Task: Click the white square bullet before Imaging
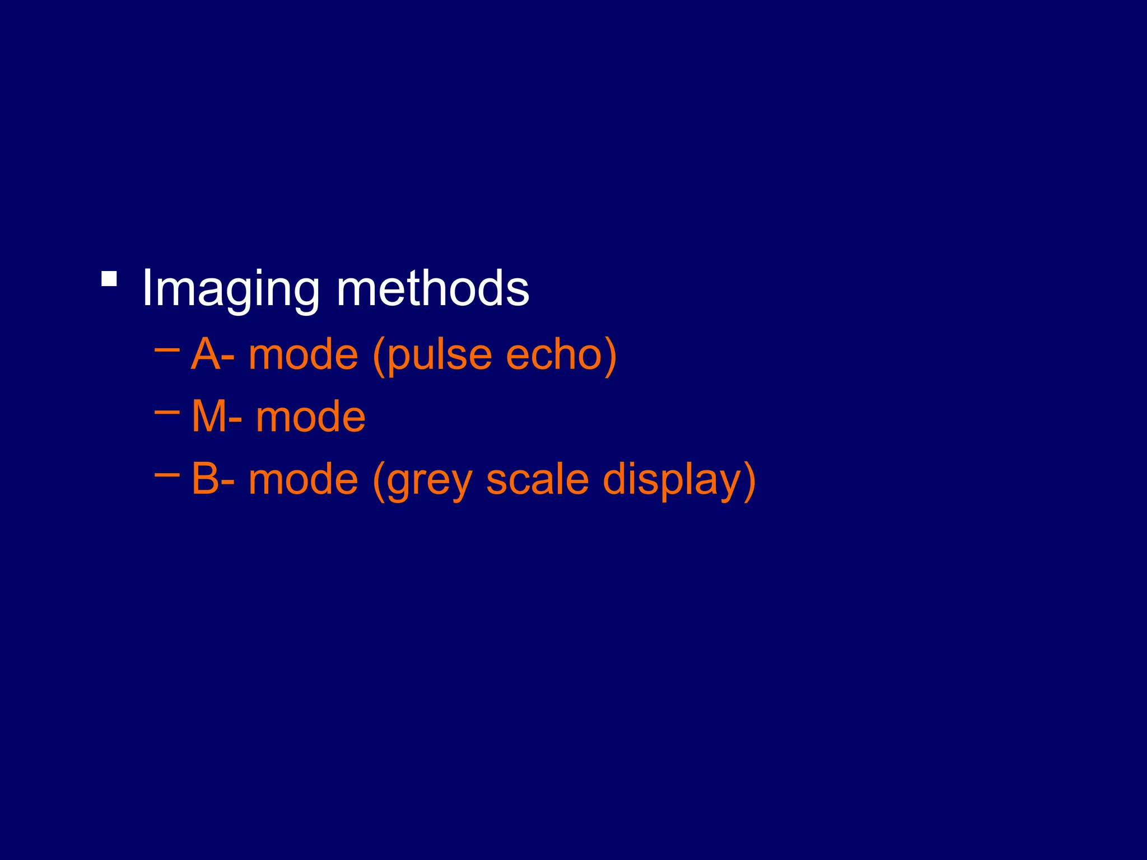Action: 109,279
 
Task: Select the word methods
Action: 432,288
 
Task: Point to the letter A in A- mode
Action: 206,354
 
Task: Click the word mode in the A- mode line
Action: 303,356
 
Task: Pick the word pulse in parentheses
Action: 440,357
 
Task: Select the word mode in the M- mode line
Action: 310,418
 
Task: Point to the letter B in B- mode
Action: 205,479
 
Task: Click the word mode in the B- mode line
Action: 303,480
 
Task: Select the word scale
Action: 537,480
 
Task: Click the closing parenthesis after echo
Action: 610,357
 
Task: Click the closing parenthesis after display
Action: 749,481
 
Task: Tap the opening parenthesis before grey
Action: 379,481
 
